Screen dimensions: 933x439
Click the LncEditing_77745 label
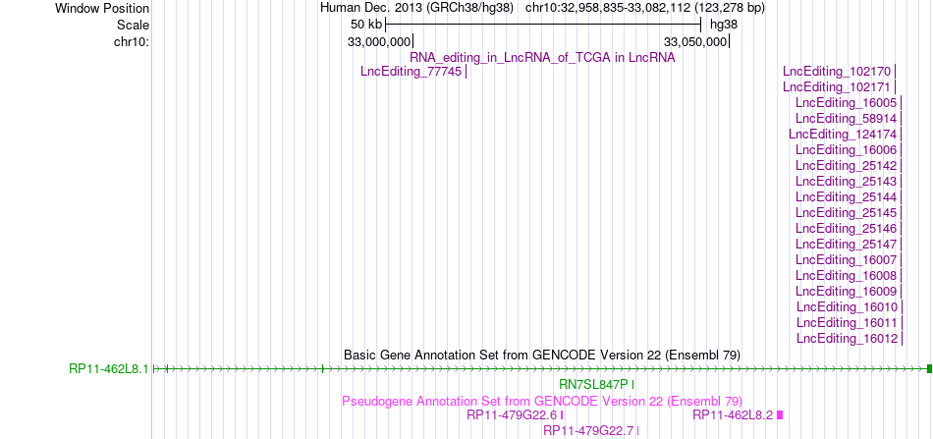click(x=412, y=72)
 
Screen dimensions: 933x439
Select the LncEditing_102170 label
click(x=837, y=72)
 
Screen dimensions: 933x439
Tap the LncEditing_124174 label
click(x=843, y=134)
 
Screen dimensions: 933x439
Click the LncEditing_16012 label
click(x=847, y=339)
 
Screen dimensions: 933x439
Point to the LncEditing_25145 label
click(x=847, y=212)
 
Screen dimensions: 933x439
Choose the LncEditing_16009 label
click(x=847, y=291)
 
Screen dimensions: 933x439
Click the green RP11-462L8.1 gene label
click(x=109, y=369)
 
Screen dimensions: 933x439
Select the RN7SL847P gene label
click(x=594, y=384)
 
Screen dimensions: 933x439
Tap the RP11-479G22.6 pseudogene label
click(x=512, y=415)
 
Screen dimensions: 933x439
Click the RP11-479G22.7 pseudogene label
click(x=588, y=431)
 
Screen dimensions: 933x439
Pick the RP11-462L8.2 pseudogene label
click(x=733, y=415)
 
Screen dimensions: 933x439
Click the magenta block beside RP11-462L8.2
click(x=780, y=415)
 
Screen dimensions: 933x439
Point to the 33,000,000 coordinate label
click(x=379, y=41)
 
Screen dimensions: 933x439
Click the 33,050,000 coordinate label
click(x=695, y=41)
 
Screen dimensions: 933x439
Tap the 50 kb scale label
click(x=366, y=25)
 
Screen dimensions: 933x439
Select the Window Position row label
click(x=102, y=9)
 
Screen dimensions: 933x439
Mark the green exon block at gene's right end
click(x=929, y=369)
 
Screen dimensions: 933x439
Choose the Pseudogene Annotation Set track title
click(x=542, y=401)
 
